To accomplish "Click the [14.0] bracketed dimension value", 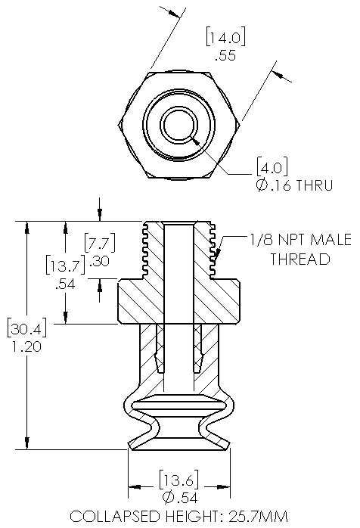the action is point(225,37).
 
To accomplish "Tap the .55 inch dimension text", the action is point(225,55).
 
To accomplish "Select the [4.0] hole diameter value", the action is point(272,166).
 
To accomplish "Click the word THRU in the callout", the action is point(314,185).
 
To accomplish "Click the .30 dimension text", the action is point(99,261).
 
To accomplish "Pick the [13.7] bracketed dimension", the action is point(66,265).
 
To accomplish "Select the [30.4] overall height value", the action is point(26,328).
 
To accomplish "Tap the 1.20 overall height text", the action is point(26,346).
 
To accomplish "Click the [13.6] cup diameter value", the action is point(178,479).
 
